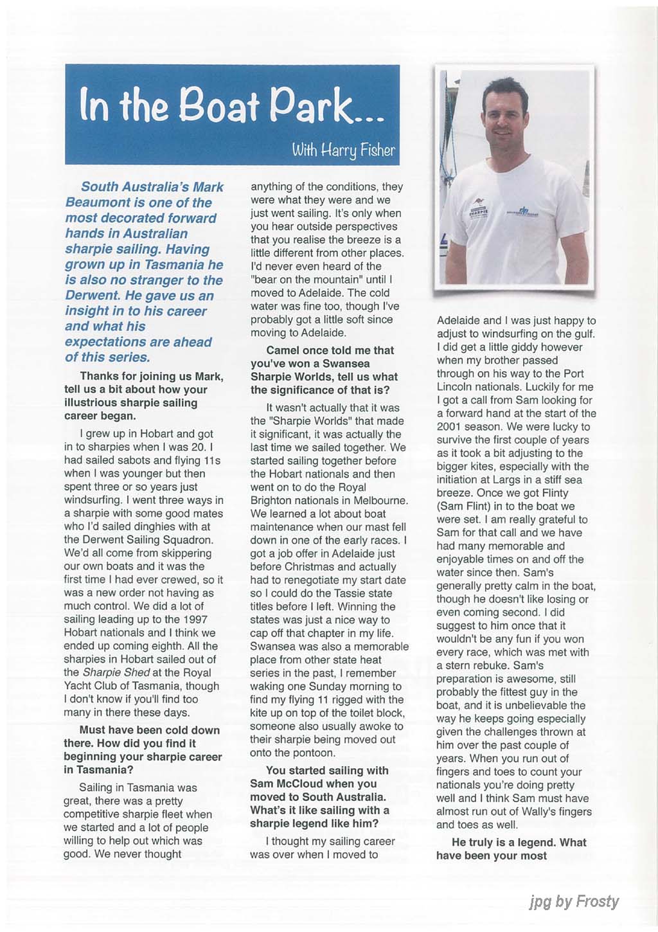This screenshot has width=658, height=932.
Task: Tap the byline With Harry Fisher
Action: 343,151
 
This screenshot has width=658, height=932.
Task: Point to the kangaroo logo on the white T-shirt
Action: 478,203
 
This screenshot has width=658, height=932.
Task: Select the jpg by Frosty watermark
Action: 573,902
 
